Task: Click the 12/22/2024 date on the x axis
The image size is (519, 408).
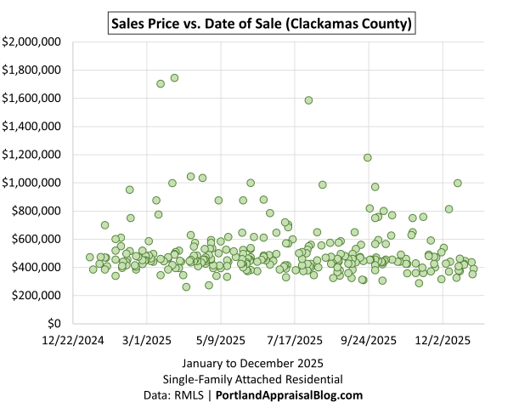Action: (x=73, y=340)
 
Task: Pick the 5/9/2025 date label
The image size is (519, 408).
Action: (x=221, y=340)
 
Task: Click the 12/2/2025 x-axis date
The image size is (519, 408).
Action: (x=443, y=340)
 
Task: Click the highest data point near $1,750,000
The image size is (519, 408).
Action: (x=174, y=77)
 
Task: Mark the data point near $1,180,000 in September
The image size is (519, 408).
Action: (x=368, y=157)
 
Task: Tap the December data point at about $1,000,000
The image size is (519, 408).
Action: (x=458, y=183)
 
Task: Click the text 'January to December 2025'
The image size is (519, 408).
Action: (x=259, y=364)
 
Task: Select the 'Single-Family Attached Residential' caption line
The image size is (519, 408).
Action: (x=259, y=379)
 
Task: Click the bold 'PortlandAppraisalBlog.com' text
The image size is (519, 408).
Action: (x=290, y=395)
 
